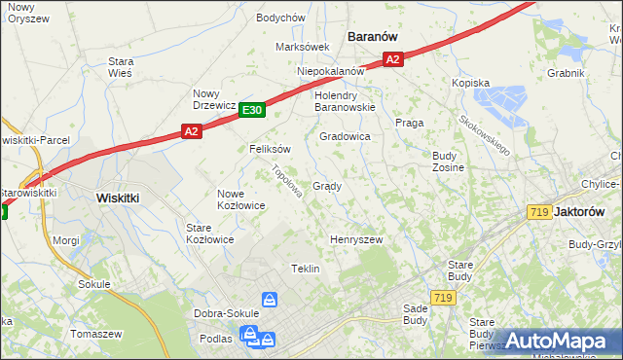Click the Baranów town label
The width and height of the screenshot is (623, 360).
click(373, 36)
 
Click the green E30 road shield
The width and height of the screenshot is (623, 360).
click(251, 111)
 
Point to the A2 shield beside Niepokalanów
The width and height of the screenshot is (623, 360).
click(391, 60)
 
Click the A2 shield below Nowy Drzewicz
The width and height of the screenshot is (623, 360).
click(191, 131)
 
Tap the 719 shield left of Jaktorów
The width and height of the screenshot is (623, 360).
click(538, 212)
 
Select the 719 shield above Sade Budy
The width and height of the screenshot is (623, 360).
click(443, 298)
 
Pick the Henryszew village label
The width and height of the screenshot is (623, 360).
click(355, 239)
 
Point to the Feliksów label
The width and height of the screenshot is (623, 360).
click(270, 149)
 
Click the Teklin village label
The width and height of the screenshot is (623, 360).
click(306, 269)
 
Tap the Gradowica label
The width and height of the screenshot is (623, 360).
click(345, 137)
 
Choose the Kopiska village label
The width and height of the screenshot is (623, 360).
click(470, 84)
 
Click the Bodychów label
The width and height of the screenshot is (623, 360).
click(280, 18)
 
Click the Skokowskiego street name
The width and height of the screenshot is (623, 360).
click(485, 135)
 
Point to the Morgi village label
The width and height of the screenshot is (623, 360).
click(66, 239)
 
